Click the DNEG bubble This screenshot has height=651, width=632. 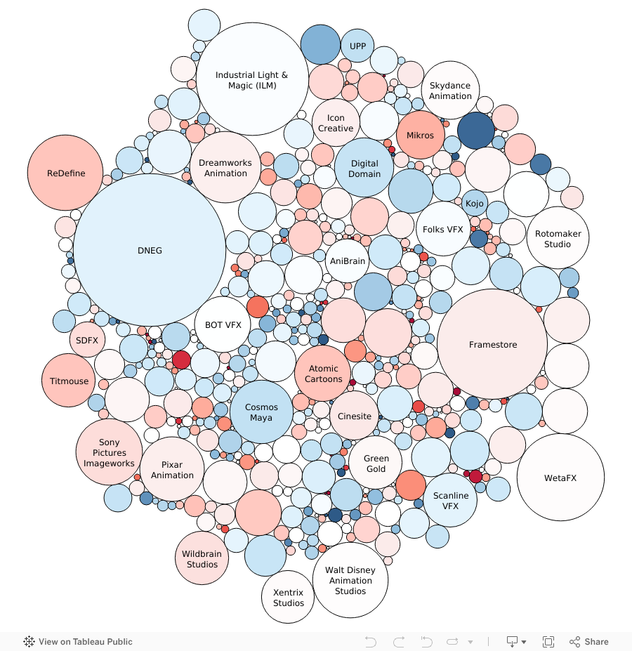tap(150, 250)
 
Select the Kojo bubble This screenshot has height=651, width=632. tap(474, 203)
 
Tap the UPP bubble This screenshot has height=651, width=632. tap(357, 46)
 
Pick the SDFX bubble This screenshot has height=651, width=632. tap(87, 340)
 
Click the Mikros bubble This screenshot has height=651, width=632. tap(420, 135)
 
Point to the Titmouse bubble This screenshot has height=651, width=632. tap(69, 381)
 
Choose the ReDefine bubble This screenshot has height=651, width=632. tap(65, 173)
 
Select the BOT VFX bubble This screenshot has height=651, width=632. tap(223, 324)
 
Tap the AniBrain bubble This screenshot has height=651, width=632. tap(348, 261)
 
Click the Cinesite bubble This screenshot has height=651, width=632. tap(354, 416)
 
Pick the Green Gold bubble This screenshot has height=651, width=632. tap(376, 463)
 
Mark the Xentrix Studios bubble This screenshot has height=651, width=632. tap(288, 597)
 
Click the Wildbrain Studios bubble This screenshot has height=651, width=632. tap(202, 558)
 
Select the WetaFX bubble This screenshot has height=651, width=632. tap(560, 478)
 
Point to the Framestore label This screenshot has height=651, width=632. tap(493, 345)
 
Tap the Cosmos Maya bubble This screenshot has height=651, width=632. tap(261, 412)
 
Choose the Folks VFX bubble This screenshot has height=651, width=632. tap(442, 229)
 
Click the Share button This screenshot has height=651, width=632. tap(589, 641)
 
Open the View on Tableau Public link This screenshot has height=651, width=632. tap(78, 641)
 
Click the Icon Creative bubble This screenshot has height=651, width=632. tap(336, 123)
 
